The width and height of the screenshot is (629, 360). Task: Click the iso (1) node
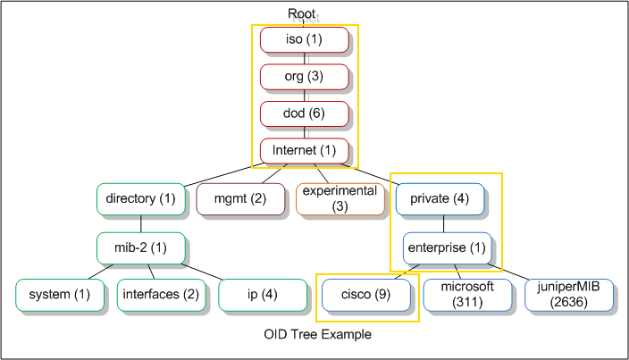tap(304, 39)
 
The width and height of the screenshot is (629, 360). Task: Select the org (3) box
tap(304, 77)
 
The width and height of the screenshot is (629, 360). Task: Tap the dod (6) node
tap(304, 113)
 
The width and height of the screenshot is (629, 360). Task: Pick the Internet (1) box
tap(304, 151)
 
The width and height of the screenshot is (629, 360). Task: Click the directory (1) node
tap(141, 199)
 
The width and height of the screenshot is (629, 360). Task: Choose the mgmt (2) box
tap(240, 199)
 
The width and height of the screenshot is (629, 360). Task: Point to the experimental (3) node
tap(340, 199)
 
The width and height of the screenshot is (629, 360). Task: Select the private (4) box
tap(440, 199)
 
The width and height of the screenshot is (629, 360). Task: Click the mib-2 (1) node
tap(141, 248)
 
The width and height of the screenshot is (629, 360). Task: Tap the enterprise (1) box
tap(447, 248)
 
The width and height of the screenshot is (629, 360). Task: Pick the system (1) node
tap(60, 295)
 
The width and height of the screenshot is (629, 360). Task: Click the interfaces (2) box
tap(161, 295)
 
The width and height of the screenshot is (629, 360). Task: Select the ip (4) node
tap(263, 295)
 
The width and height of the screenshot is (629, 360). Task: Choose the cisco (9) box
tap(365, 295)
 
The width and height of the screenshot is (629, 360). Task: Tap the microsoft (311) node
tap(467, 295)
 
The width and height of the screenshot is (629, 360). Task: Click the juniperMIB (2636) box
tap(569, 295)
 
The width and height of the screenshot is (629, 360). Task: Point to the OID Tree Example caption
tap(318, 334)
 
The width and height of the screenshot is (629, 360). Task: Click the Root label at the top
tap(302, 13)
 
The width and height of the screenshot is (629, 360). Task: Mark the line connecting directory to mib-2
tap(141, 223)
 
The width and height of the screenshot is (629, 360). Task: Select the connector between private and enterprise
tap(443, 223)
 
